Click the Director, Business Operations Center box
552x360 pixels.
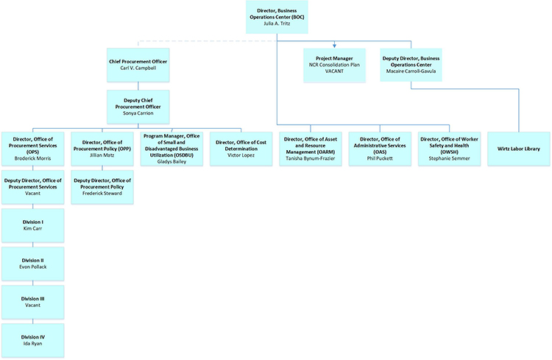(277, 15)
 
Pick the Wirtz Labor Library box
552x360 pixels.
(518, 148)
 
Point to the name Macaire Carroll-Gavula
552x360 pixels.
(411, 71)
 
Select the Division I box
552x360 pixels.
(32, 225)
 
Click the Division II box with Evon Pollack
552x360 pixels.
(32, 264)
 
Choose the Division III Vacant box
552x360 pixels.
(32, 302)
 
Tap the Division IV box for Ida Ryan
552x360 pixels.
(32, 340)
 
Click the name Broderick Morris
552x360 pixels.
(32, 158)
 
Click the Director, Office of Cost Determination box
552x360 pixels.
(241, 148)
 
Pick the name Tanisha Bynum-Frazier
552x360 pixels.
(311, 158)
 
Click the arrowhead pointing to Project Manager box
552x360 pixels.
(335, 46)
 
